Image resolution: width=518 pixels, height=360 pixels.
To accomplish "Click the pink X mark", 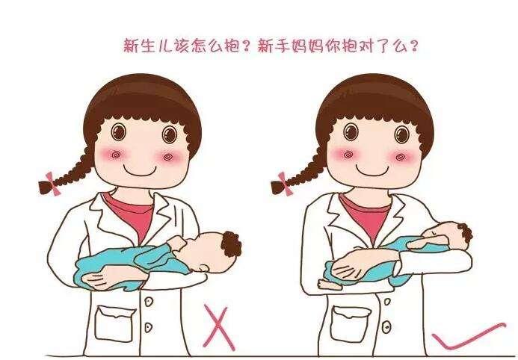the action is coord(219,326).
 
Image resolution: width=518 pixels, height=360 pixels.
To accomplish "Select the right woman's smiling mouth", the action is coord(372,170).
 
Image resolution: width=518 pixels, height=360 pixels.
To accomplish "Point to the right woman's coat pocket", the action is coord(350,323).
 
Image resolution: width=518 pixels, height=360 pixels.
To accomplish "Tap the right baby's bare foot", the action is coord(329,284).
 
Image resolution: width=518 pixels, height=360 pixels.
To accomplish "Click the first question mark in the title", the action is coord(245,46).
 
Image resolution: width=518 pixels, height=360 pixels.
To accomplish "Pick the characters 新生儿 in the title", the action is coord(148,46).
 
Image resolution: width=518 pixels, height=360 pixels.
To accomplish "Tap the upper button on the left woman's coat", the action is coord(149,301).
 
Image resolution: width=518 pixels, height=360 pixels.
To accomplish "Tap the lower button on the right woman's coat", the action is coord(386,327).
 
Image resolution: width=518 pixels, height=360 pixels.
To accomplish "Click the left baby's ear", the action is coord(204,267).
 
